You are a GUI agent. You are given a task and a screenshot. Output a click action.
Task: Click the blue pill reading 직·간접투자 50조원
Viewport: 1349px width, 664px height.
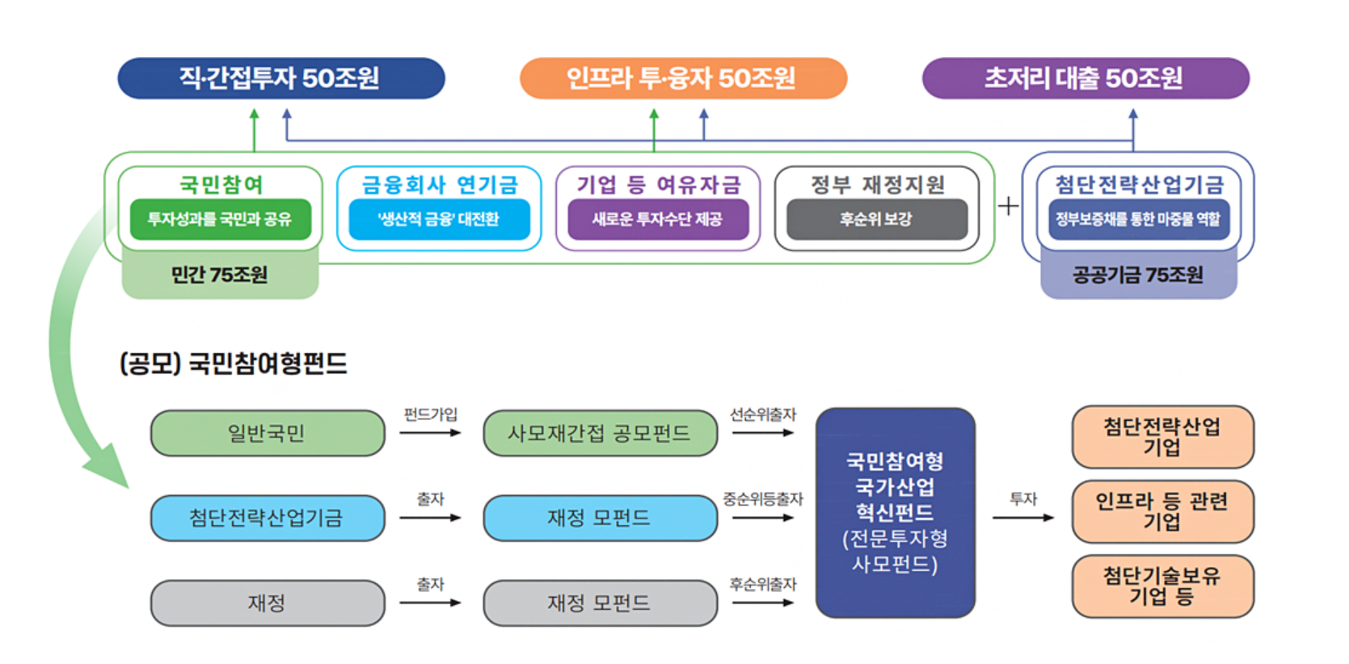point(280,78)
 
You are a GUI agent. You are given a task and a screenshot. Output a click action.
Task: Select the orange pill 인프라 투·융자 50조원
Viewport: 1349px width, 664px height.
point(682,78)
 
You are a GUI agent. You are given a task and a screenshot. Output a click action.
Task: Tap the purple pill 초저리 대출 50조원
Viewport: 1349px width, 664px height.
point(1085,78)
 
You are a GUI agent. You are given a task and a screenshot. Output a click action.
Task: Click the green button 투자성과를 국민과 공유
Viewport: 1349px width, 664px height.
point(220,219)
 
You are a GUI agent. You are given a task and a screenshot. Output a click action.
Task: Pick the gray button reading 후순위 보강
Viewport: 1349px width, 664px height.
point(876,219)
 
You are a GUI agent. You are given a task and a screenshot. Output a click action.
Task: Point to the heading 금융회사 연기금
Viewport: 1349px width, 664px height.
point(439,185)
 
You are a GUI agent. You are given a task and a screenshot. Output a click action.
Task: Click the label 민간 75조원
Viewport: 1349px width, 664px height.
point(219,275)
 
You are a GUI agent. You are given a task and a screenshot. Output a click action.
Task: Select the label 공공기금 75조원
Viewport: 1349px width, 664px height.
point(1137,275)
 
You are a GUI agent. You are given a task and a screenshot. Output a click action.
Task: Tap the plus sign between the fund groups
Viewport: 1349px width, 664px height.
point(1008,206)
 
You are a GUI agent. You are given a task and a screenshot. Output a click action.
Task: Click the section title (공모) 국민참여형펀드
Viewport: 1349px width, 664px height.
point(234,364)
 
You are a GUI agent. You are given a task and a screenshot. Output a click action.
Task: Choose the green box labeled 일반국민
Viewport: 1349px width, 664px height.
point(268,434)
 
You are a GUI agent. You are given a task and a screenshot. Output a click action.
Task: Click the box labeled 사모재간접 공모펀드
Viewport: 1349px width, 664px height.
point(599,434)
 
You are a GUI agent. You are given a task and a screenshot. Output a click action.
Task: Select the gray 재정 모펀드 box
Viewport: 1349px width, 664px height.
point(599,603)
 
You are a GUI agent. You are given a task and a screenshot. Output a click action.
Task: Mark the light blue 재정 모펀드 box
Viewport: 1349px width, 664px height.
point(599,518)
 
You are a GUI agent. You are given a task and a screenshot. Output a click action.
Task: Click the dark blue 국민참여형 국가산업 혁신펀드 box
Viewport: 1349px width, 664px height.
point(895,512)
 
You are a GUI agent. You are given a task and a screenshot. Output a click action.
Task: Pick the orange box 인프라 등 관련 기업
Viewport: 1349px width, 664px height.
point(1162,511)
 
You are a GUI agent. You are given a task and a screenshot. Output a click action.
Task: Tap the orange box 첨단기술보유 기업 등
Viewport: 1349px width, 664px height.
point(1162,586)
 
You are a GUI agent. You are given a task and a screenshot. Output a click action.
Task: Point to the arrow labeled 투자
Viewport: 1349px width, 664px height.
point(1022,517)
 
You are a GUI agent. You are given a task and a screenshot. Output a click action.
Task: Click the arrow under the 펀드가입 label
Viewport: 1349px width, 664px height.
point(430,433)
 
